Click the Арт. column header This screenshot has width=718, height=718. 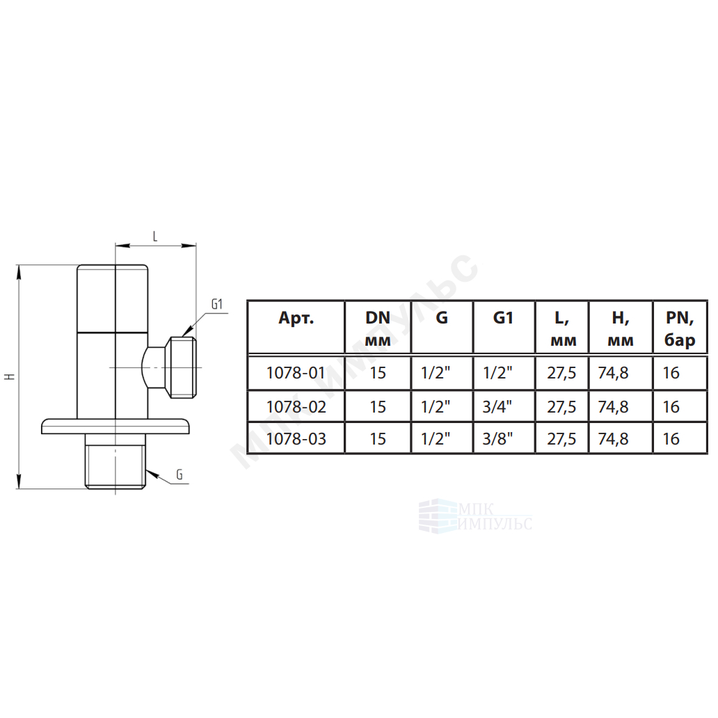click(x=296, y=317)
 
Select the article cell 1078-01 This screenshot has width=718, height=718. click(x=296, y=373)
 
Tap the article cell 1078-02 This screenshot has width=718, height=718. click(x=296, y=406)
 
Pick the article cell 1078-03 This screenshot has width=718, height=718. click(x=296, y=439)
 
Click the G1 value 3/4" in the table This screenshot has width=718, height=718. click(x=497, y=406)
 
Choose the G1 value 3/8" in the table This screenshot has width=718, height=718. click(x=497, y=439)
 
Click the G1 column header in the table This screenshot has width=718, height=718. click(x=503, y=317)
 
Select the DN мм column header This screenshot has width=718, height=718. click(x=378, y=328)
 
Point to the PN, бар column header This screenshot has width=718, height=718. click(x=680, y=328)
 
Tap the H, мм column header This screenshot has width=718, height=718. click(x=621, y=328)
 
